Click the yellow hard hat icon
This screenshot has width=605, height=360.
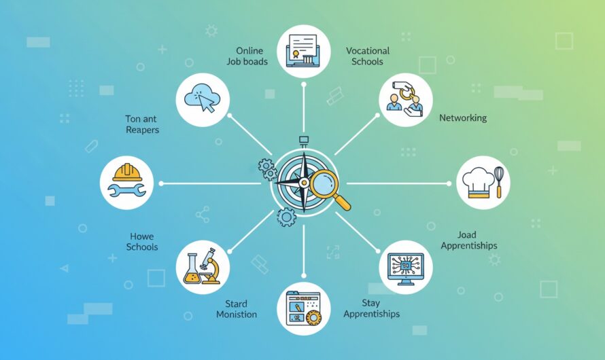(127, 173)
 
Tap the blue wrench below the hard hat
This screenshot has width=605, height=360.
(126, 190)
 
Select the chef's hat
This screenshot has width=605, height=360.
(478, 183)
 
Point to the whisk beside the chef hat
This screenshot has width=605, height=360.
(499, 181)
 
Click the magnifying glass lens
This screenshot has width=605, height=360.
(324, 183)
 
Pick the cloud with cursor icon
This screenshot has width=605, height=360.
(203, 98)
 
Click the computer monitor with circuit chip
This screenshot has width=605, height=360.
(406, 269)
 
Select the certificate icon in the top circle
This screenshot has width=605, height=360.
(303, 51)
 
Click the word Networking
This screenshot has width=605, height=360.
(463, 118)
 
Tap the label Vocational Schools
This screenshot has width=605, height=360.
(367, 56)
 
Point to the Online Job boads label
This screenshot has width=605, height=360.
(247, 56)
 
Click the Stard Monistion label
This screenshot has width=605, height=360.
(237, 309)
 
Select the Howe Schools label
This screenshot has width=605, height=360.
(142, 242)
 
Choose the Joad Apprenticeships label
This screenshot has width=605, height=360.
(469, 240)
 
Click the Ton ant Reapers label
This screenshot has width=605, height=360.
(141, 124)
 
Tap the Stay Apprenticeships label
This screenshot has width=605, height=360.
(371, 308)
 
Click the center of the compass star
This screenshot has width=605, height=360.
(304, 182)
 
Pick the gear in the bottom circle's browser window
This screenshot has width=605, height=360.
(313, 317)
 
